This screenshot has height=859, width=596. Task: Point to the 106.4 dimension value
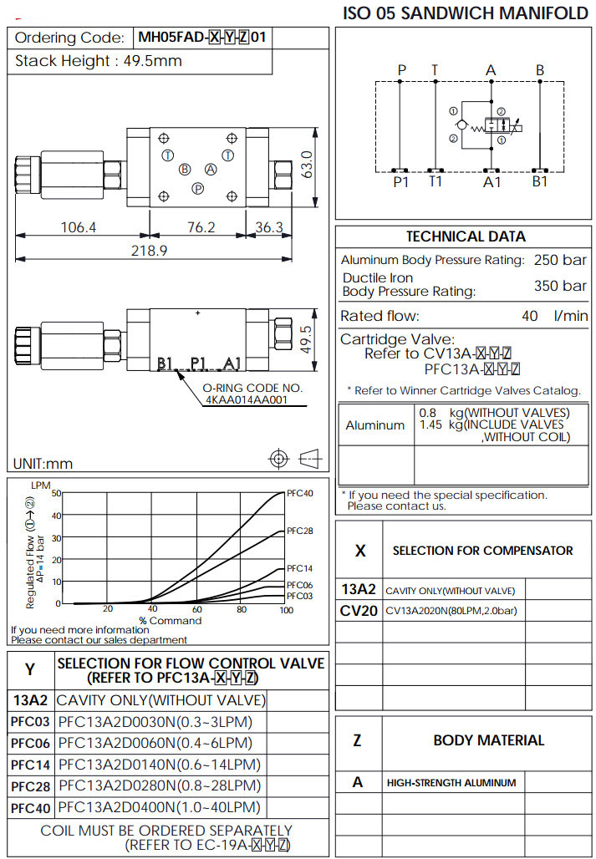pyautogui.click(x=79, y=226)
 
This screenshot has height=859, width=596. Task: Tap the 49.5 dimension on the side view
pyautogui.click(x=306, y=340)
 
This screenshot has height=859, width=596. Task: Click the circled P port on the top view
pyautogui.click(x=198, y=189)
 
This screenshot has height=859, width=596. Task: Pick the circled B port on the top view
pyautogui.click(x=185, y=169)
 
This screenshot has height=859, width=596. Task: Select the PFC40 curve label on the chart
pyautogui.click(x=299, y=493)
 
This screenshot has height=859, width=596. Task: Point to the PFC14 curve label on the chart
pyautogui.click(x=299, y=568)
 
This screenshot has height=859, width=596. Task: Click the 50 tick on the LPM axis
pyautogui.click(x=57, y=493)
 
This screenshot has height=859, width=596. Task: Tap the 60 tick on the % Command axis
pyautogui.click(x=197, y=609)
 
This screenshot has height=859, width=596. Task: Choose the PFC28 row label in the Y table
pyautogui.click(x=30, y=786)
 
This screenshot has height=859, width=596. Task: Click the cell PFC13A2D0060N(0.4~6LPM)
pyautogui.click(x=155, y=743)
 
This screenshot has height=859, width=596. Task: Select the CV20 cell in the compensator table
pyautogui.click(x=359, y=611)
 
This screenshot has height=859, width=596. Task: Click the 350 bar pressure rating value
pyautogui.click(x=560, y=286)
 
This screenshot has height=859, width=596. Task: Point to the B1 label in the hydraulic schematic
pyautogui.click(x=540, y=180)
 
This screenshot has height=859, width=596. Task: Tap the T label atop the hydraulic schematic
pyautogui.click(x=434, y=70)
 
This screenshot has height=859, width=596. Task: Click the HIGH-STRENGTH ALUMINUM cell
pyautogui.click(x=451, y=783)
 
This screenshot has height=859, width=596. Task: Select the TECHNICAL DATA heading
pyautogui.click(x=466, y=236)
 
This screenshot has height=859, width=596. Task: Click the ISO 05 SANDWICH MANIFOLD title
pyautogui.click(x=466, y=13)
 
